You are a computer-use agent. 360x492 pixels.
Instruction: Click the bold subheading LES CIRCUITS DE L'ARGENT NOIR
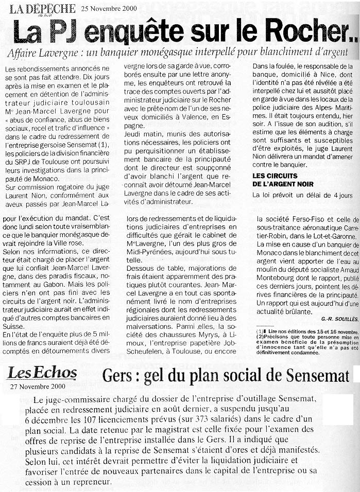(x=276, y=180)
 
